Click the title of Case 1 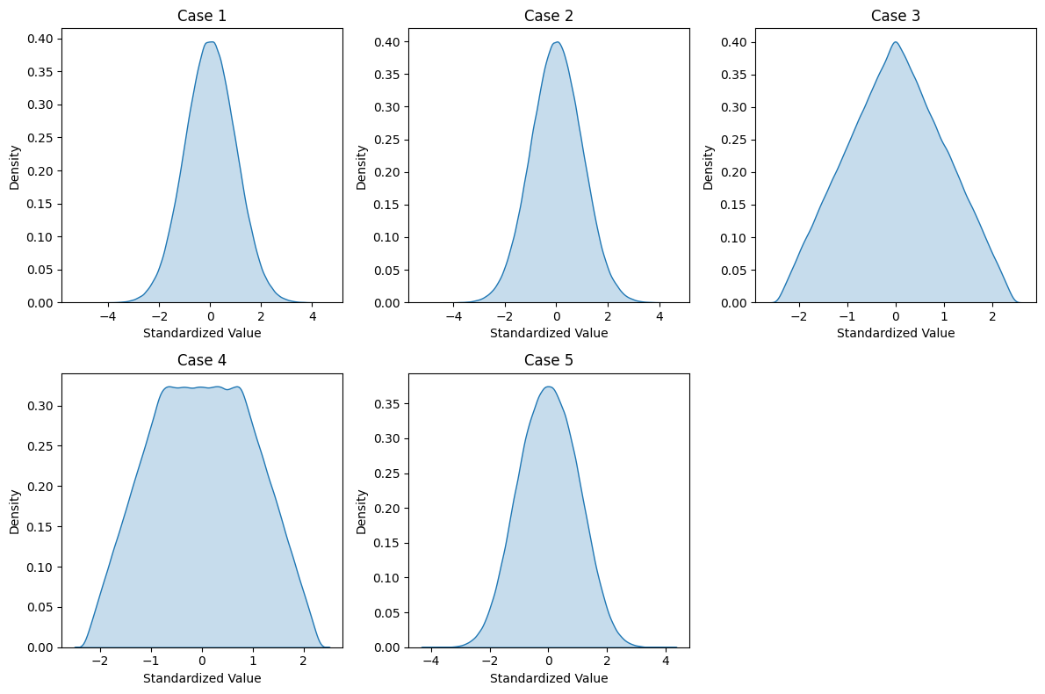pos(202,16)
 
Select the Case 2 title pos(549,16)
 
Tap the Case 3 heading pos(896,16)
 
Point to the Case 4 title pos(202,360)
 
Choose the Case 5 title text pos(549,360)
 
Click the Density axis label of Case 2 pos(361,167)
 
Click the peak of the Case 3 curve pos(895,42)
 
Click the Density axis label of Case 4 pos(14,511)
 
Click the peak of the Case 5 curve pos(548,387)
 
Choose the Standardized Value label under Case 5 pos(549,678)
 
